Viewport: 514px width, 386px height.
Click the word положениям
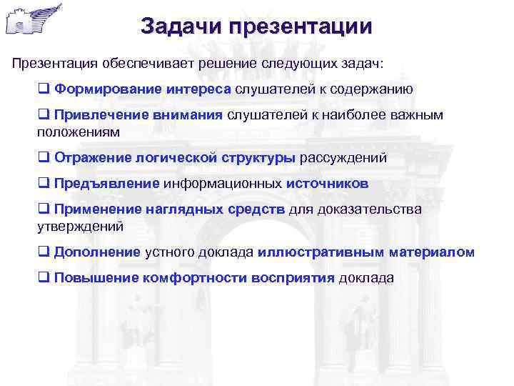(79, 132)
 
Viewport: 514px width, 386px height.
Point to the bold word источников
(327, 184)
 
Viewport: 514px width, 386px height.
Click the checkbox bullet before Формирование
(43, 89)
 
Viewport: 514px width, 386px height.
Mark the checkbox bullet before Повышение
(43, 278)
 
